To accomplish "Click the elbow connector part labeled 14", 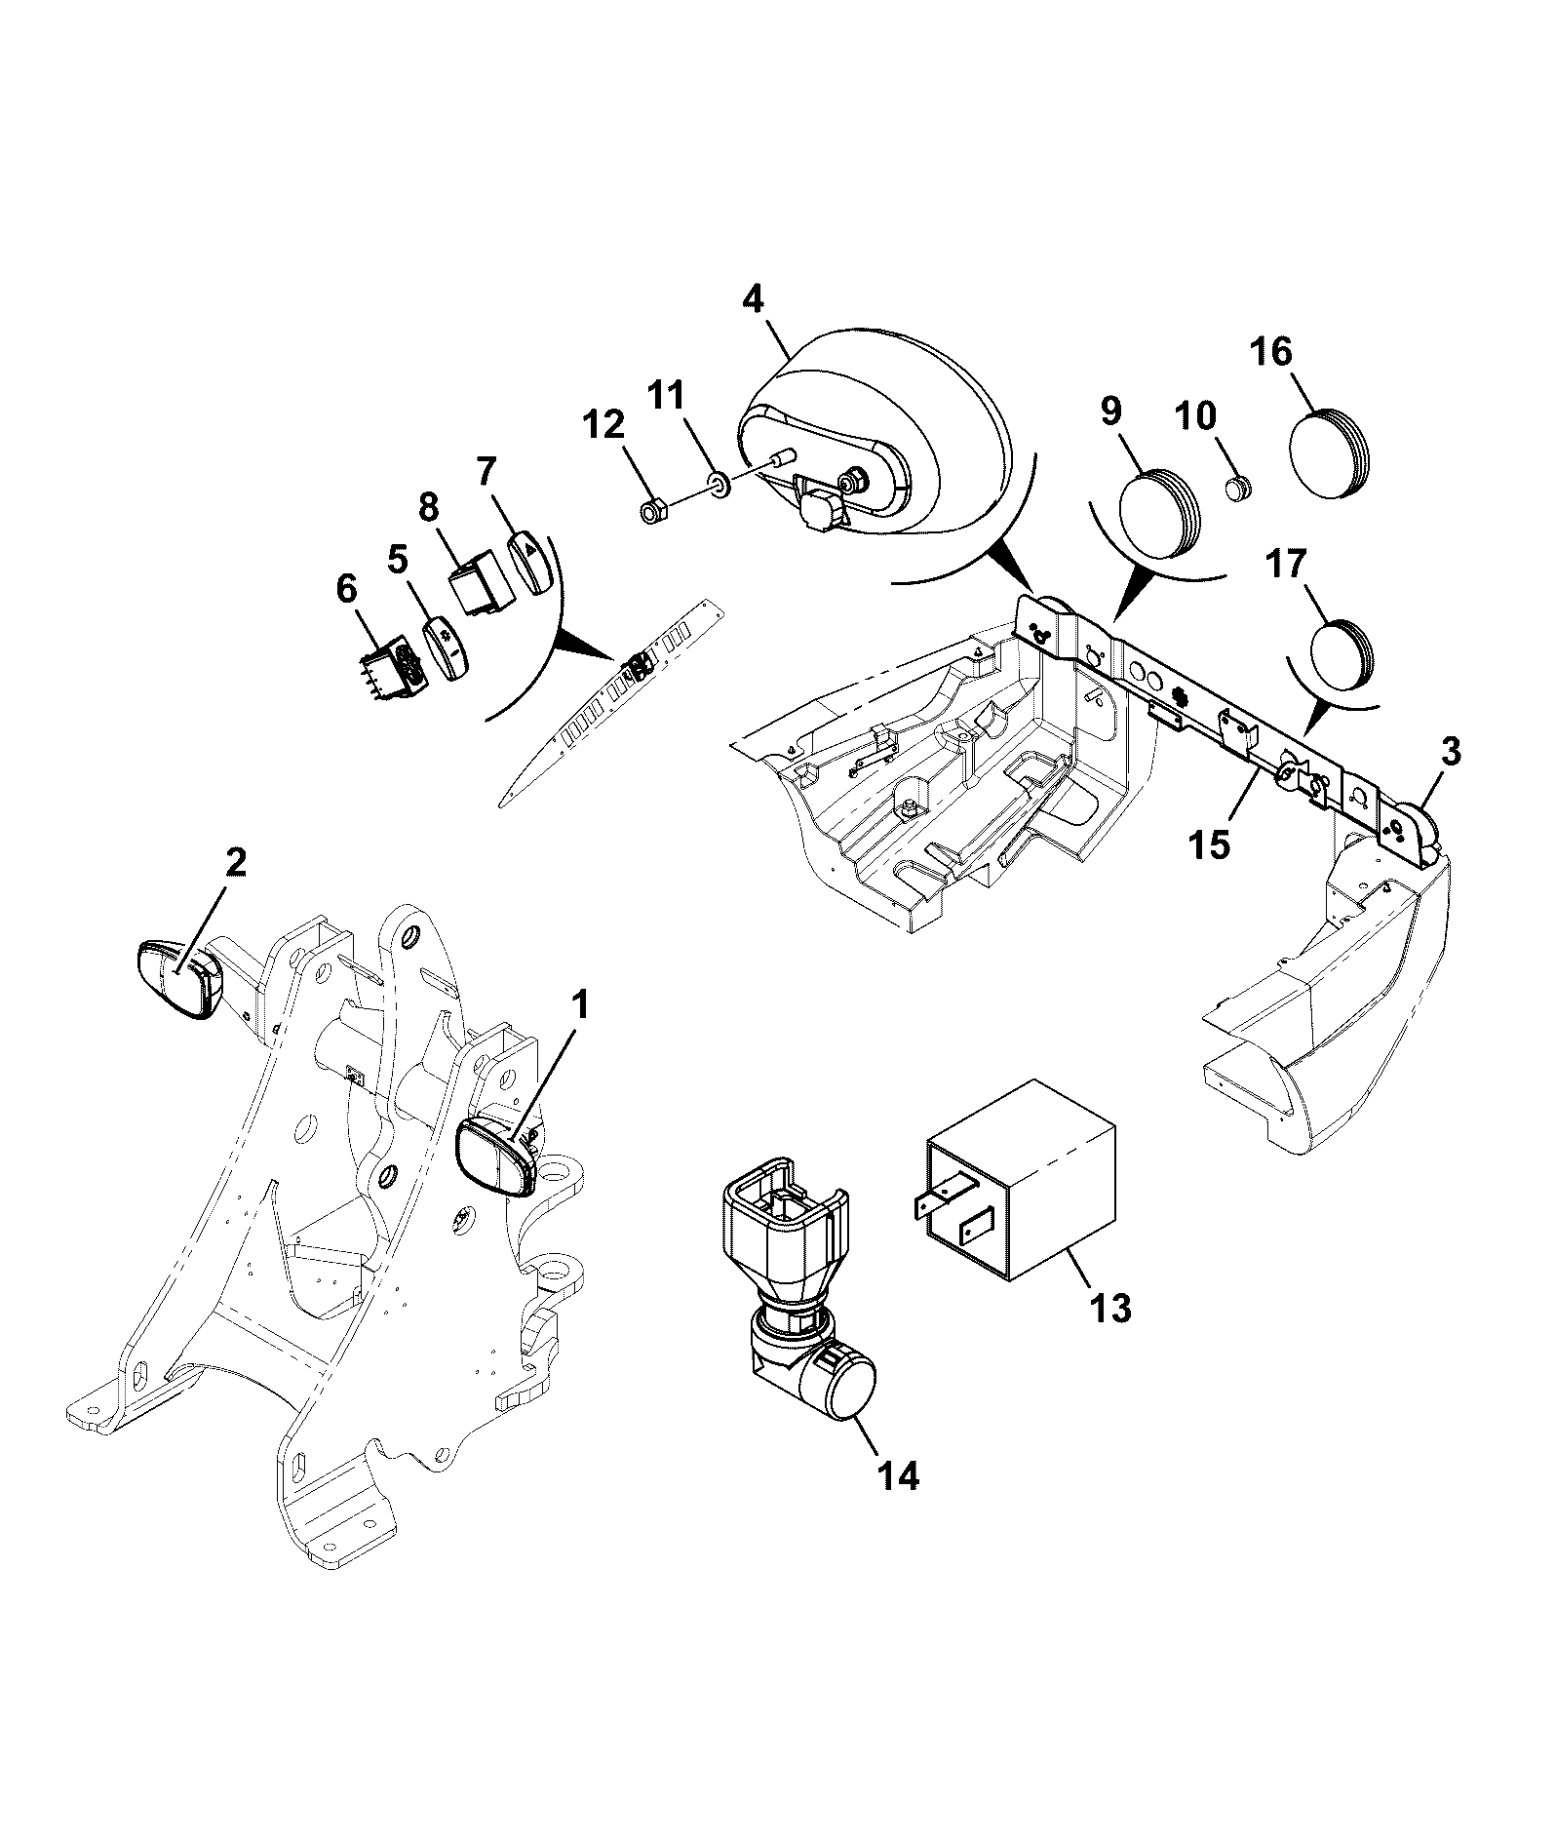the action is pyautogui.click(x=797, y=1284).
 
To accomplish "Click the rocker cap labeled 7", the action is pyautogui.click(x=531, y=561).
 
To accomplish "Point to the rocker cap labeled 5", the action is pyautogui.click(x=447, y=647).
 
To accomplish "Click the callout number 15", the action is pyautogui.click(x=1208, y=844).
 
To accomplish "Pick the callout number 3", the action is pyautogui.click(x=1451, y=752).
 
